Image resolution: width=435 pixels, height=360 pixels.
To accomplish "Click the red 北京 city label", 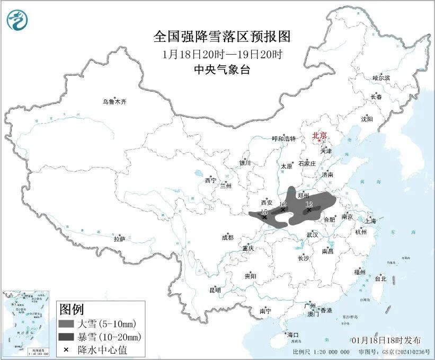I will click(319, 135).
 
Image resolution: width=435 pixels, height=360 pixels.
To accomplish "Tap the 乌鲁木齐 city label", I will click(115, 101).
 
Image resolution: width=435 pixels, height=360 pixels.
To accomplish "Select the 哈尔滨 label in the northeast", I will click(380, 78).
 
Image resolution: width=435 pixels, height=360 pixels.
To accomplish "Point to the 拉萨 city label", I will click(119, 239).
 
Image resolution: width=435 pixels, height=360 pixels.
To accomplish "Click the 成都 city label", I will click(227, 238).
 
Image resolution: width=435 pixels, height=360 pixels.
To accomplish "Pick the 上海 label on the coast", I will click(371, 221).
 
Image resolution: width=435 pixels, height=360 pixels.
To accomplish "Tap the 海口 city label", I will click(292, 335).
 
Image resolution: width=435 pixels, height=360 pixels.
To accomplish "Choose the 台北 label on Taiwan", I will click(380, 278).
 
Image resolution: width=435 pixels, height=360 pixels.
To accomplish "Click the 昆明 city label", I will click(215, 290).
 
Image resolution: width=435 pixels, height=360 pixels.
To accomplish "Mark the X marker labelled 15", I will click(264, 217).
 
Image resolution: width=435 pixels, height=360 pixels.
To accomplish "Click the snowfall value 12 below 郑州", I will click(309, 204).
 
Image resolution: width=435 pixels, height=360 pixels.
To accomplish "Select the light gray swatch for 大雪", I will click(67, 323).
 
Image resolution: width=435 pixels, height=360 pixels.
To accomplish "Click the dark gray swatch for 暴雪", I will click(67, 337).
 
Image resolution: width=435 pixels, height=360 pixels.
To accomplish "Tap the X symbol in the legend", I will click(66, 349).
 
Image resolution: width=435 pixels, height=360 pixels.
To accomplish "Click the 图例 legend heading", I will click(71, 309).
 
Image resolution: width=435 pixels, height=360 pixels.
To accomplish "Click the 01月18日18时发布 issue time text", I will click(386, 340).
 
